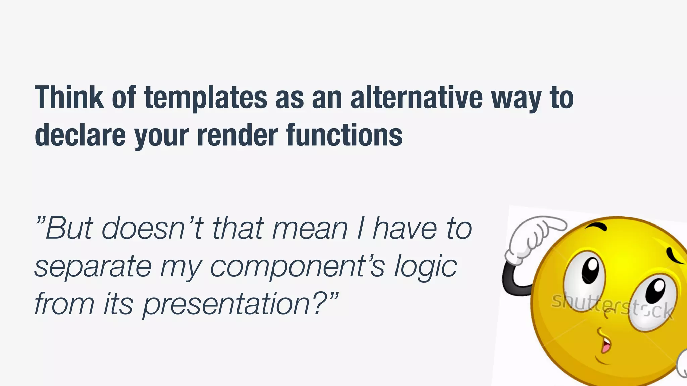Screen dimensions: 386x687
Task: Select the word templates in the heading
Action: click(206, 98)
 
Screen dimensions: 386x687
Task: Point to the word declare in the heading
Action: click(80, 135)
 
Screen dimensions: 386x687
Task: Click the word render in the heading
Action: click(237, 135)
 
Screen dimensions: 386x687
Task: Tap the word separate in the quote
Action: click(93, 267)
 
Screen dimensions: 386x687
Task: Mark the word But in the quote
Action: click(68, 229)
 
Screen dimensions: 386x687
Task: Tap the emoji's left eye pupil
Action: click(592, 268)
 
